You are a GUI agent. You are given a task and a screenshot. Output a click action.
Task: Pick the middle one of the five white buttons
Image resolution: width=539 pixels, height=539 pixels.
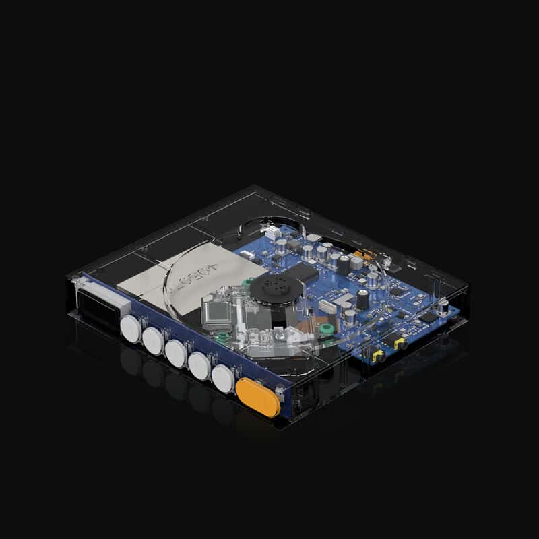pyautogui.click(x=177, y=354)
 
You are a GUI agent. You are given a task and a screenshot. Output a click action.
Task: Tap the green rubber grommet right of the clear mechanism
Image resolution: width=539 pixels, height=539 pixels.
pyautogui.click(x=327, y=329)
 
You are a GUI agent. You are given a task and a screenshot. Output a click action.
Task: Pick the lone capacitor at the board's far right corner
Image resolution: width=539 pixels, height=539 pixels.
pyautogui.click(x=444, y=307)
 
